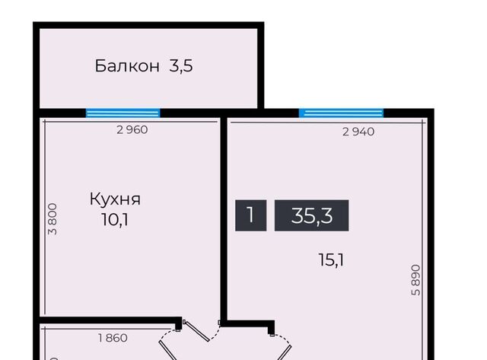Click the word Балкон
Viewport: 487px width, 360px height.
pos(127,66)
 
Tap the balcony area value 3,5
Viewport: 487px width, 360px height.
pos(181,66)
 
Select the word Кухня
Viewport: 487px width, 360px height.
pos(115,199)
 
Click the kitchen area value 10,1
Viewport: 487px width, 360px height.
pos(115,220)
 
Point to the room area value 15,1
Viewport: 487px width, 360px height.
pos(331,260)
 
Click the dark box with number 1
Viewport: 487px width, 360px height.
pos(250,215)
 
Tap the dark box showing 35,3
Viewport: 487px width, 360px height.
pos(311,215)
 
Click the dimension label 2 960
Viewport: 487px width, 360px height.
pos(132,130)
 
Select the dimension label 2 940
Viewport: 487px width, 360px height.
pos(358,132)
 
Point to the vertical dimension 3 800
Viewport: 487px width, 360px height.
pos(53,219)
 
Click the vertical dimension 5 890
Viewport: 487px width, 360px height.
pos(416,280)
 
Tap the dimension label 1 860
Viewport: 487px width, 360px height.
pos(113,338)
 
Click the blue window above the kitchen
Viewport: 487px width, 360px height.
pos(123,113)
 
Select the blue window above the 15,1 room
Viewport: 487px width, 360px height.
pos(341,113)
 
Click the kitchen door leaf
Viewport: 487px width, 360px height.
pos(196,331)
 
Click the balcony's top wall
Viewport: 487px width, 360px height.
pos(148,25)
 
